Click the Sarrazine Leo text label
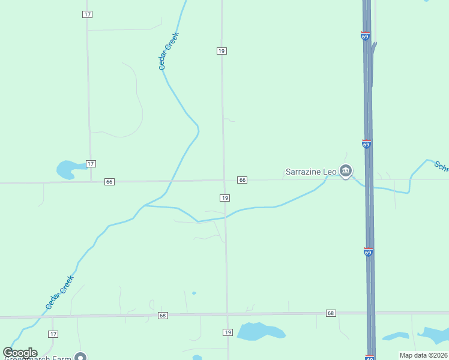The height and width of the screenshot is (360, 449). [310, 172]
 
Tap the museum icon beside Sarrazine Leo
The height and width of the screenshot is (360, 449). [346, 172]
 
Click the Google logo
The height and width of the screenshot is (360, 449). [20, 353]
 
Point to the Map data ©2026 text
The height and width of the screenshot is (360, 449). [423, 355]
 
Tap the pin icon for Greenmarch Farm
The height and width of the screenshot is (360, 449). [80, 357]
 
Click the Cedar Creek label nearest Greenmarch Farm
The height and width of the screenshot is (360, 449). [60, 292]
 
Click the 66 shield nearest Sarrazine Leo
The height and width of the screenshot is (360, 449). [242, 180]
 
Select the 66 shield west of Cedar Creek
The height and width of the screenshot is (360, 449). [109, 182]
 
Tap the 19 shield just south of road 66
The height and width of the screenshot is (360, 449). [224, 198]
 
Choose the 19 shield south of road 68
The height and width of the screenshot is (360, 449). [227, 332]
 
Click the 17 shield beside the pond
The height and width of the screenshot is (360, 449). [91, 164]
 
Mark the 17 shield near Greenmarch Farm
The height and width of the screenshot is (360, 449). [53, 334]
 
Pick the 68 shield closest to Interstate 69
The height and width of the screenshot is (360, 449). [331, 313]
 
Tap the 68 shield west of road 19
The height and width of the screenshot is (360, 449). [163, 315]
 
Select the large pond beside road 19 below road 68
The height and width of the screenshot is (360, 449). [259, 331]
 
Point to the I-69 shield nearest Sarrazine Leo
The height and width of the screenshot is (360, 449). [366, 144]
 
